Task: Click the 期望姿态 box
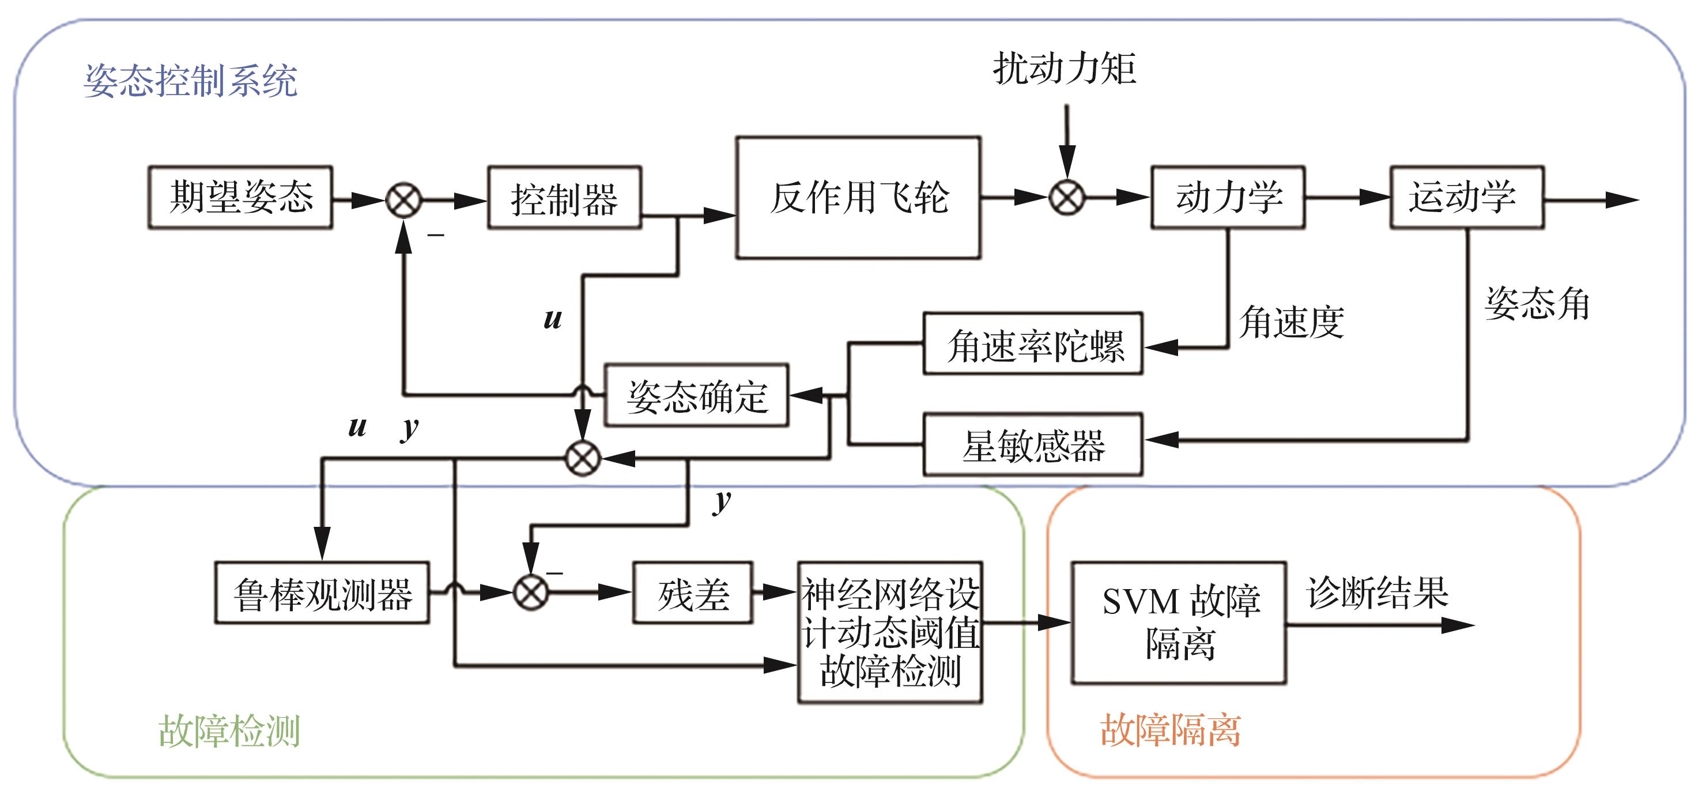240,198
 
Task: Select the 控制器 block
564,198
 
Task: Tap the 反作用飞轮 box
858,198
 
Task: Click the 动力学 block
1228,198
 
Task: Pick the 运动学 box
1467,198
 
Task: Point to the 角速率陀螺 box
1033,344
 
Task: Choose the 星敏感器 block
1033,444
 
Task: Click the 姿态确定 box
696,395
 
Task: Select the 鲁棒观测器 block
322,593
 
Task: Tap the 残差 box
692,593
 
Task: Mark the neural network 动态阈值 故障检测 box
890,632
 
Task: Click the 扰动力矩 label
1065,69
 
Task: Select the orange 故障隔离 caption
1170,730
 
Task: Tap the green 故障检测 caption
229,730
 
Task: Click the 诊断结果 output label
1378,593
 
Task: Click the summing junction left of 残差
531,593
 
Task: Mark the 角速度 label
1292,322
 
